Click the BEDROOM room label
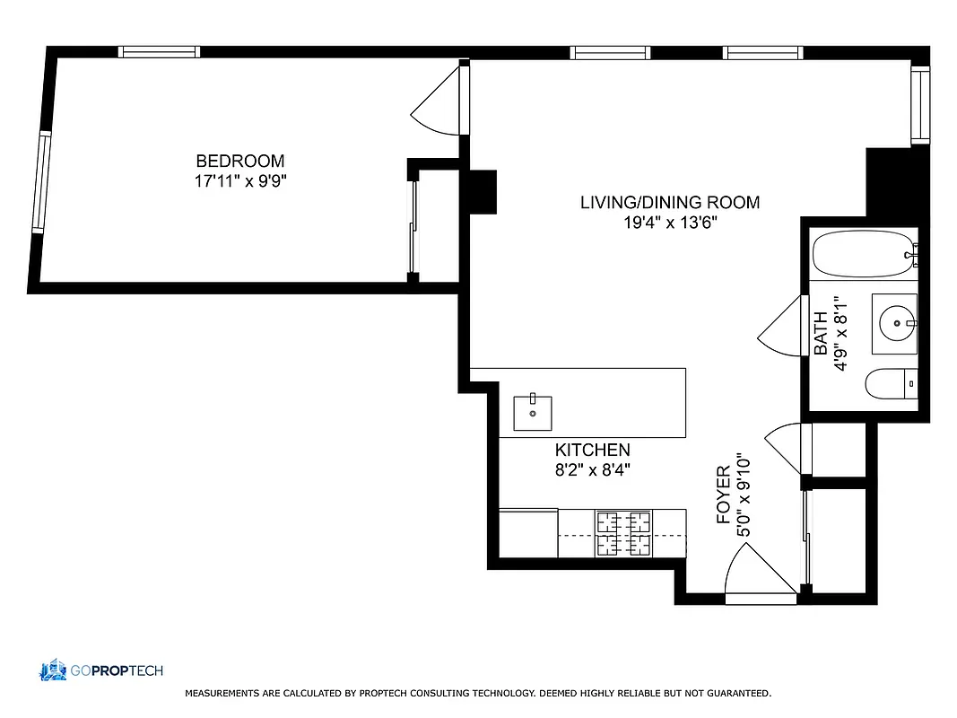point(240,162)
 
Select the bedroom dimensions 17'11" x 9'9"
point(240,181)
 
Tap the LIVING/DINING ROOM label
point(669,203)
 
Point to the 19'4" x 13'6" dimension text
point(669,223)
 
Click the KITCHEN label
point(592,451)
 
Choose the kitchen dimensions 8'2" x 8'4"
point(592,469)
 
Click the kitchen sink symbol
point(532,413)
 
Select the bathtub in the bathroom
point(863,253)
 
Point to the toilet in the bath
point(892,385)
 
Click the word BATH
point(821,337)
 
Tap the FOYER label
point(724,495)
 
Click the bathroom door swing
point(780,328)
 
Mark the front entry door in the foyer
point(758,574)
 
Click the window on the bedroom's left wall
point(42,182)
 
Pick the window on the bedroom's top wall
point(160,52)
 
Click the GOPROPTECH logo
point(100,670)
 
